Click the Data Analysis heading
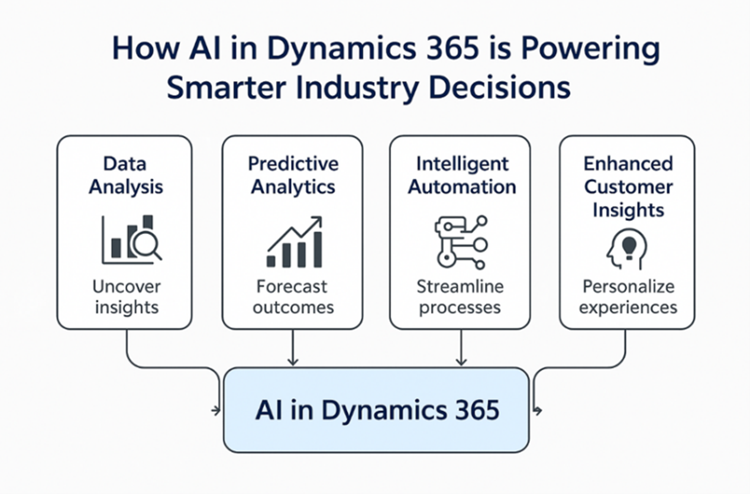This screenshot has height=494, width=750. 125,175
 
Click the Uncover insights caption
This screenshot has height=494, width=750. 126,297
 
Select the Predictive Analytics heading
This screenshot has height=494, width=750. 293,175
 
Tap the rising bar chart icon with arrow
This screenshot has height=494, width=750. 294,242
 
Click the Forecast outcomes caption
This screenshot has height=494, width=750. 293,297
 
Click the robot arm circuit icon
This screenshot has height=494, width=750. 461,243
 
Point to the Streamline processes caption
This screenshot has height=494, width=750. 460,297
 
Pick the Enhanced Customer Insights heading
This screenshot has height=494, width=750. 628,186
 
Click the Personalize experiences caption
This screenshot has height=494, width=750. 628,297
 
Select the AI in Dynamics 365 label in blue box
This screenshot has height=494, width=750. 377,410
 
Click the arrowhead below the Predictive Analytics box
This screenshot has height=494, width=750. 292,361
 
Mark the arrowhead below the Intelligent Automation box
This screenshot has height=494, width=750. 461,361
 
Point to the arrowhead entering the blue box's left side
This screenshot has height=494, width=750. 217,410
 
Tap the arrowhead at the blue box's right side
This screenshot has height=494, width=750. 538,410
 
